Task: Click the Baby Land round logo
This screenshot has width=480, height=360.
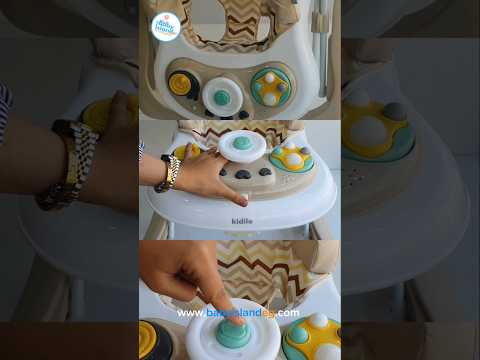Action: [x=165, y=27]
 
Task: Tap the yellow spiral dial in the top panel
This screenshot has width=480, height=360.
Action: [x=181, y=83]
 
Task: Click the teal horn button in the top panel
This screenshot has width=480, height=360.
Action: [x=223, y=97]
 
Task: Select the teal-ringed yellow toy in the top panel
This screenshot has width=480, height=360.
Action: [x=270, y=86]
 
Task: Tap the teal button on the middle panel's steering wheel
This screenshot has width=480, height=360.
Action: [x=242, y=143]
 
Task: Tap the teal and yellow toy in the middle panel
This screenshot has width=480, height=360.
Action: [x=291, y=158]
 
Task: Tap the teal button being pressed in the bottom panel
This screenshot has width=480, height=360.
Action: [x=228, y=329]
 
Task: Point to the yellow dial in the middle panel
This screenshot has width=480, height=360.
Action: [x=187, y=152]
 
